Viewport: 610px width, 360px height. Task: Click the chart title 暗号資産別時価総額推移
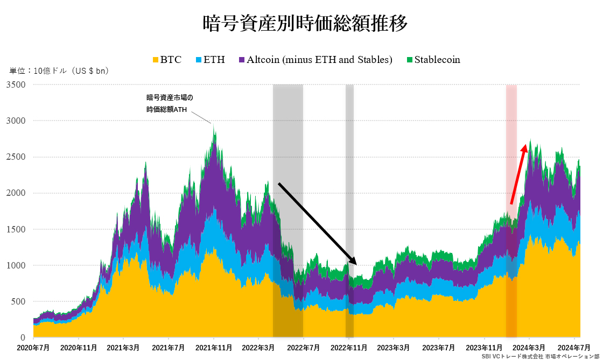[305, 23]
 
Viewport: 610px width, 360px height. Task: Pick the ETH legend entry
[209, 60]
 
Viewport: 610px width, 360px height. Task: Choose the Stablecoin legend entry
[433, 60]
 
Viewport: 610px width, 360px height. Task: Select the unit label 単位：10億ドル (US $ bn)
[59, 71]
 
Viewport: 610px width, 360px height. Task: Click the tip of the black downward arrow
[355, 263]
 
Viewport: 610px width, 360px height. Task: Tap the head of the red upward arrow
[526, 146]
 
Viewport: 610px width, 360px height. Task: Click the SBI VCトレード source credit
[541, 356]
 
